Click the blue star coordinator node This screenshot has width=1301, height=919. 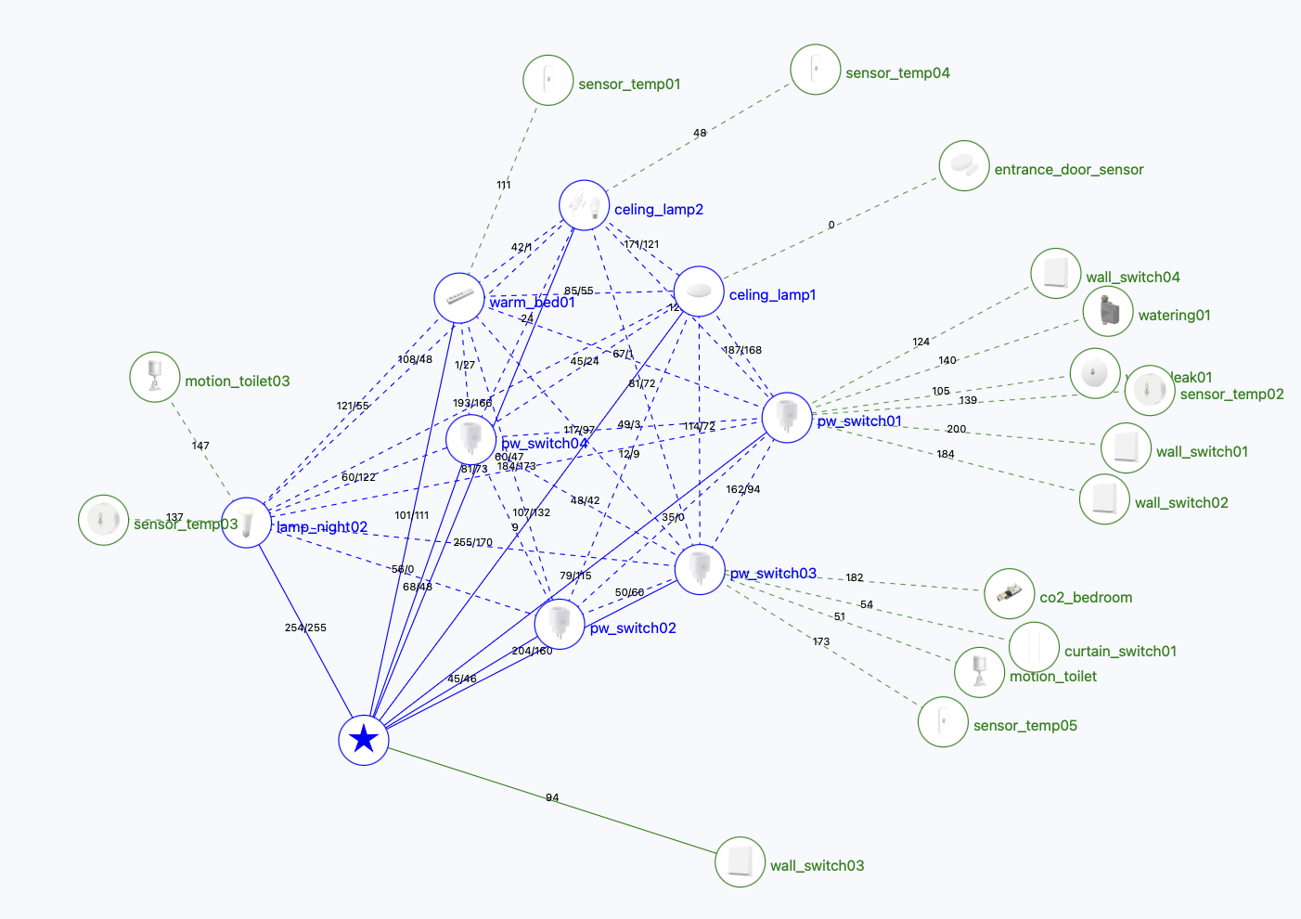point(364,740)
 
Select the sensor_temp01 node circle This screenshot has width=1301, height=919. point(547,80)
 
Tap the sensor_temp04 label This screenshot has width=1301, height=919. point(897,73)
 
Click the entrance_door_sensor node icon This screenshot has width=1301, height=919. point(963,166)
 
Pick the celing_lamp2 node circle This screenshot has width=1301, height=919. point(584,205)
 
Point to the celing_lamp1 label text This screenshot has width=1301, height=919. point(772,295)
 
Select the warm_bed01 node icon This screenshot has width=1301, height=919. point(459,298)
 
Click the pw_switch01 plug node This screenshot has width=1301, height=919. point(787,418)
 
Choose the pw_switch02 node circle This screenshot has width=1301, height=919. point(560,624)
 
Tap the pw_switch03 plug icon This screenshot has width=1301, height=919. point(700,569)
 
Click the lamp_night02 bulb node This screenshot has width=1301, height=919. point(247,523)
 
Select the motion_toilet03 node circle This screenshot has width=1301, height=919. point(155,377)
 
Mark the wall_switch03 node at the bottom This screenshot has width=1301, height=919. point(740,862)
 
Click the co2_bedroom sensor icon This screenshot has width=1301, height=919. point(1009,594)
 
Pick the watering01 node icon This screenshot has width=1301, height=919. point(1108,311)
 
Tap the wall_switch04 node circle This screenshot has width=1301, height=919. point(1056,273)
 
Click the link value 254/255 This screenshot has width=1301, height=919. point(305,628)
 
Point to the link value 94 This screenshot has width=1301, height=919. point(552,798)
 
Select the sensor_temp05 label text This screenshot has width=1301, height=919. point(1024,726)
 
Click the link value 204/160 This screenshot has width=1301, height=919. point(532,651)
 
